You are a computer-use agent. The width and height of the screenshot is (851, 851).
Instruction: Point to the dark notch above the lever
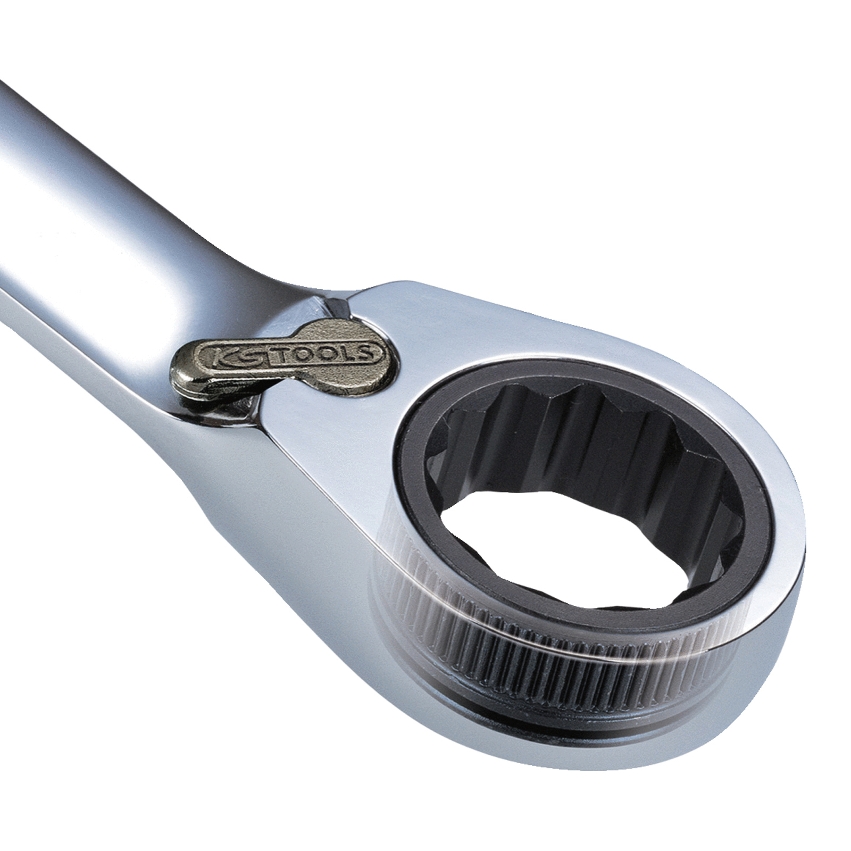click(x=335, y=307)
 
